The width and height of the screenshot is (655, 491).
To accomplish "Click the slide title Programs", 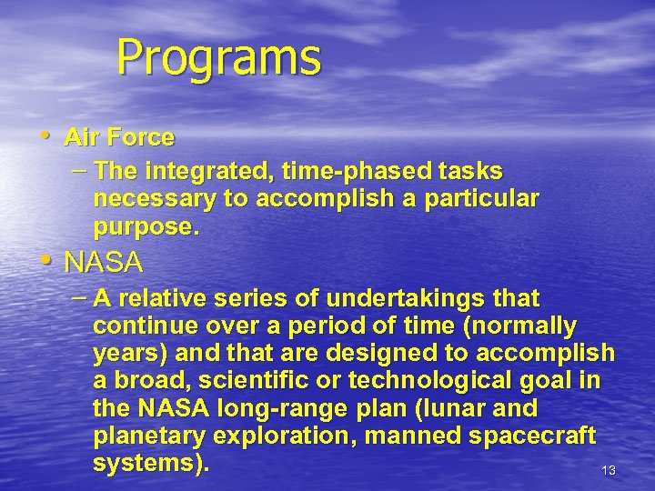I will click(x=218, y=57).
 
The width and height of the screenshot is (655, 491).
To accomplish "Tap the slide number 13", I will click(x=609, y=470).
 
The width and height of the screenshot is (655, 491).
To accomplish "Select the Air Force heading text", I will click(x=119, y=137).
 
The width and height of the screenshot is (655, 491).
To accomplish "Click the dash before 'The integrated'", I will click(x=80, y=171).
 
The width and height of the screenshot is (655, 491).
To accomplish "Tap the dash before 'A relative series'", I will click(x=80, y=297).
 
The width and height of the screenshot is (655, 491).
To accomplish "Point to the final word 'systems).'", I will click(x=151, y=463).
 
